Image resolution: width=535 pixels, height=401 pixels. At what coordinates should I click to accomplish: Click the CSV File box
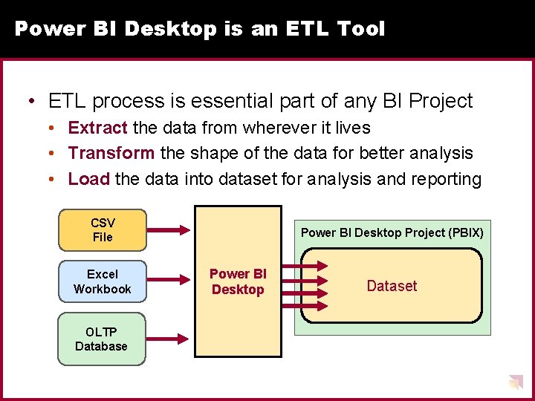click(x=103, y=230)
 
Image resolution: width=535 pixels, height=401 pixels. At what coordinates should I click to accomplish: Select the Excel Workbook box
click(x=103, y=281)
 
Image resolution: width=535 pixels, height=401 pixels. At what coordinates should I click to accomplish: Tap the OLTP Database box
click(x=102, y=339)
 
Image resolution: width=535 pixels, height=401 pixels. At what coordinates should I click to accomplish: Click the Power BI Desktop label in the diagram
click(x=238, y=282)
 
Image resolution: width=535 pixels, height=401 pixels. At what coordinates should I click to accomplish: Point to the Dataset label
click(x=392, y=286)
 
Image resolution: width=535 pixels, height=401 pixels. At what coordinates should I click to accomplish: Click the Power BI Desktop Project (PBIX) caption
click(x=392, y=232)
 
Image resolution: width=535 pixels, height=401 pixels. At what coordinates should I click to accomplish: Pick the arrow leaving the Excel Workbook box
click(x=170, y=281)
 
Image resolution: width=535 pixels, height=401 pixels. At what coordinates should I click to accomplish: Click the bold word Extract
click(x=97, y=128)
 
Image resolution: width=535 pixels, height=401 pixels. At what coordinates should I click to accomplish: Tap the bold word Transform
click(x=111, y=153)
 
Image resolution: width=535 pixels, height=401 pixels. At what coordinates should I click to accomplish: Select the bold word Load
click(x=89, y=179)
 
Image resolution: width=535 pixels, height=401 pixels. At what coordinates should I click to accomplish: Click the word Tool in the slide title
click(x=360, y=29)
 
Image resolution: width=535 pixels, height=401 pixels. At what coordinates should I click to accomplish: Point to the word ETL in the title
click(x=306, y=29)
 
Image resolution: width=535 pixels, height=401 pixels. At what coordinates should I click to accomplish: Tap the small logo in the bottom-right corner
click(x=515, y=382)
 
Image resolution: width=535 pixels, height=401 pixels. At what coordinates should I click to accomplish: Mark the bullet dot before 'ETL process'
click(x=33, y=101)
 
